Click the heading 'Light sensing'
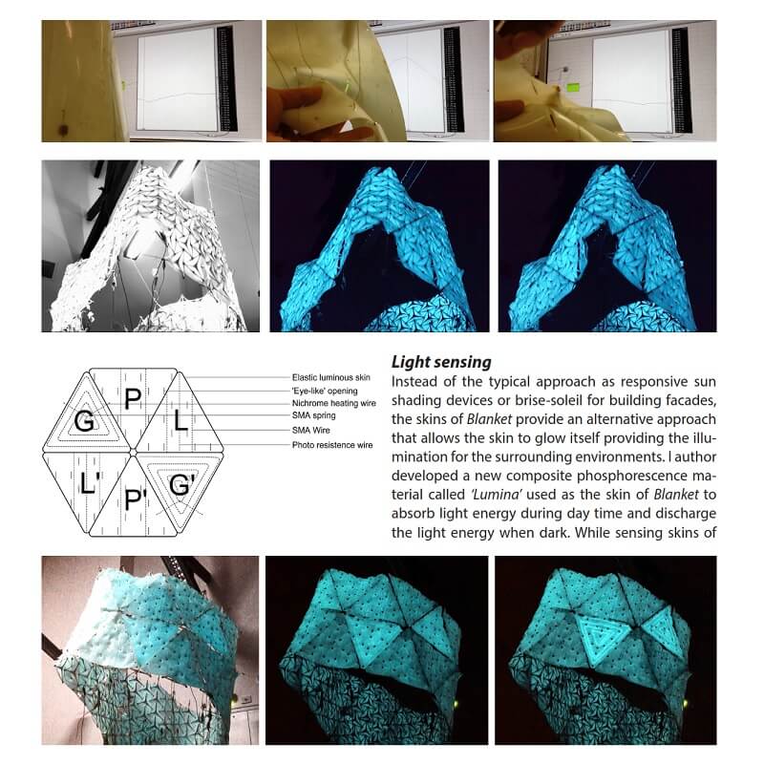(441, 363)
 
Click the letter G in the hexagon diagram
(85, 421)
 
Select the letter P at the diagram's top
(133, 402)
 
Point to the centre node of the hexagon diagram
(135, 451)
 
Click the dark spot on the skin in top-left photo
(63, 127)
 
